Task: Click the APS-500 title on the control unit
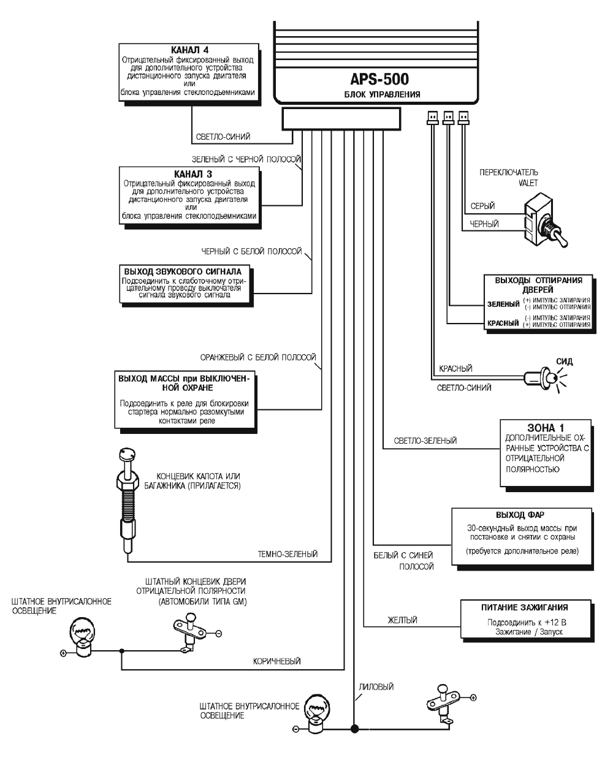379,80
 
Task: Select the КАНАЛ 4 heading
189,50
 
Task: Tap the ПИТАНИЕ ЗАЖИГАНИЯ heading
524,607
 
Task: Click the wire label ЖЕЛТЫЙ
402,620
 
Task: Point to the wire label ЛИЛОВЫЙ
375,687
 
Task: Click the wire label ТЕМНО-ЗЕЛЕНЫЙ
287,554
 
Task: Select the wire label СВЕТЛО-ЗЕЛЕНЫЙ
425,441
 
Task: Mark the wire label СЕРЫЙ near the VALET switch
482,206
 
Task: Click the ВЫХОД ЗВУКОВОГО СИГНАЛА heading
183,271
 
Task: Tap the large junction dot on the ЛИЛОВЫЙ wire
354,729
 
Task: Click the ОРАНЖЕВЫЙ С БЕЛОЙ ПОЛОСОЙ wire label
258,357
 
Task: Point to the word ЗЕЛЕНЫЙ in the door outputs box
503,304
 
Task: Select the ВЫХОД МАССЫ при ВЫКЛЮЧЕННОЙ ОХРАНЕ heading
183,384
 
